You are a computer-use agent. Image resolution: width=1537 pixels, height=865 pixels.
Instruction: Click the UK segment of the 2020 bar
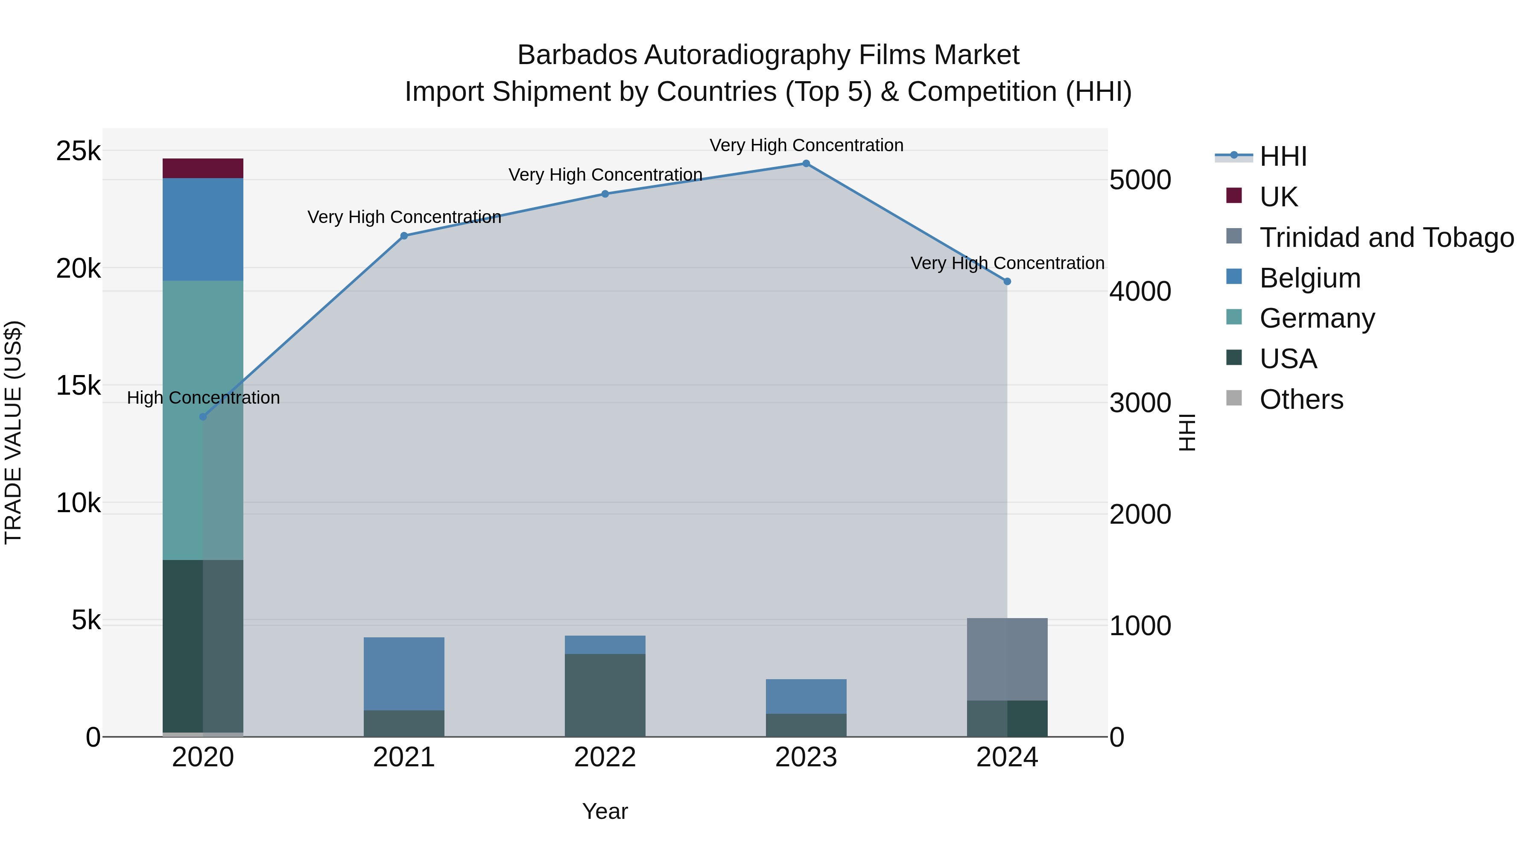coord(203,168)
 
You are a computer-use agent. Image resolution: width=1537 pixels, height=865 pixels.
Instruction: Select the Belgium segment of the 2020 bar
coord(203,229)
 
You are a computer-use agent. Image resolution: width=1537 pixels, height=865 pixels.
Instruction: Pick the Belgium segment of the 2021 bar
coord(404,673)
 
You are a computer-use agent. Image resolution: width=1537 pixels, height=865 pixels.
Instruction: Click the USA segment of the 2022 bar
coord(605,695)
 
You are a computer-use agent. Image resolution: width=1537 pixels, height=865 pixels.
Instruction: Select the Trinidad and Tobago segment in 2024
coord(1007,659)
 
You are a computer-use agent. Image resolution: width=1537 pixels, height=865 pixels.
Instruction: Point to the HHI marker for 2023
coord(806,164)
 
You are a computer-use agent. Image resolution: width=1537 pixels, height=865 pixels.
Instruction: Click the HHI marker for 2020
coord(203,416)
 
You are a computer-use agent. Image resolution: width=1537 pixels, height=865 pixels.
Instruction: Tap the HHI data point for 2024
coord(1007,281)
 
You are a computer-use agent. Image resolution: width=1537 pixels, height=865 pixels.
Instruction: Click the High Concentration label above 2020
coord(203,398)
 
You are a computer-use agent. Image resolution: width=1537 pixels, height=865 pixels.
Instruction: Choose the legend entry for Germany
coord(1317,318)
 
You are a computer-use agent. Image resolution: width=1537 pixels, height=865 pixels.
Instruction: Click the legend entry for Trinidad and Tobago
coord(1386,237)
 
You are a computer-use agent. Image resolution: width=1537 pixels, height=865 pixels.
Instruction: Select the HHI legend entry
coord(1283,156)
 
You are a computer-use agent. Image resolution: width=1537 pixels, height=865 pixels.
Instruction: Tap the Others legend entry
coord(1301,399)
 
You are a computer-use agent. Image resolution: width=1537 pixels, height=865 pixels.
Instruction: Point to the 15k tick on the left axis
coord(78,386)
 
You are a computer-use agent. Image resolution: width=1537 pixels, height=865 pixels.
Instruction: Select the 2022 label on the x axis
coord(605,757)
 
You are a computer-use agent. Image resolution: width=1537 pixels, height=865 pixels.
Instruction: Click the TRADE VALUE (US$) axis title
coord(13,432)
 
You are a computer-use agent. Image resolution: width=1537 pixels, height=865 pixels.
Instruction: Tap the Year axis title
coord(605,811)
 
